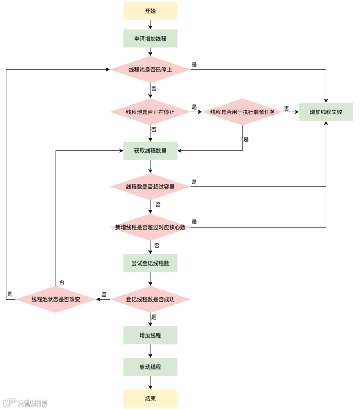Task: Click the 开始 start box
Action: [x=150, y=11]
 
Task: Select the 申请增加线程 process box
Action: [x=150, y=38]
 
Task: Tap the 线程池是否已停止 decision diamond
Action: [x=150, y=70]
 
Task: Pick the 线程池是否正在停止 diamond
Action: [x=150, y=112]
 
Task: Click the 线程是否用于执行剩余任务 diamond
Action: [x=243, y=112]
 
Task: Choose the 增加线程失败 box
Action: [x=326, y=112]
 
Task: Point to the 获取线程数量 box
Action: [x=150, y=151]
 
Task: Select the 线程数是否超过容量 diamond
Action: [x=150, y=187]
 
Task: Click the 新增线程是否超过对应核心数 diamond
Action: [x=150, y=227]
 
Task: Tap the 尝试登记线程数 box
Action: [x=150, y=263]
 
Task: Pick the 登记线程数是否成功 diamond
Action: [x=150, y=299]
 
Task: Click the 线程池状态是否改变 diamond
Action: [x=56, y=299]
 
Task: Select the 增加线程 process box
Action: [x=150, y=336]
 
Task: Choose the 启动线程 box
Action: [x=150, y=367]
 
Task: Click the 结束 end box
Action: [x=150, y=398]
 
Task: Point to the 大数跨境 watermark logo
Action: [x=25, y=403]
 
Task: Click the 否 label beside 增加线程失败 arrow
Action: [x=286, y=108]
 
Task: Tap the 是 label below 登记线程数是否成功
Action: [x=154, y=317]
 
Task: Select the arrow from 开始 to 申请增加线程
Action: [x=150, y=24]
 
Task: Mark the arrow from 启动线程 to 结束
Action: [x=150, y=383]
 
